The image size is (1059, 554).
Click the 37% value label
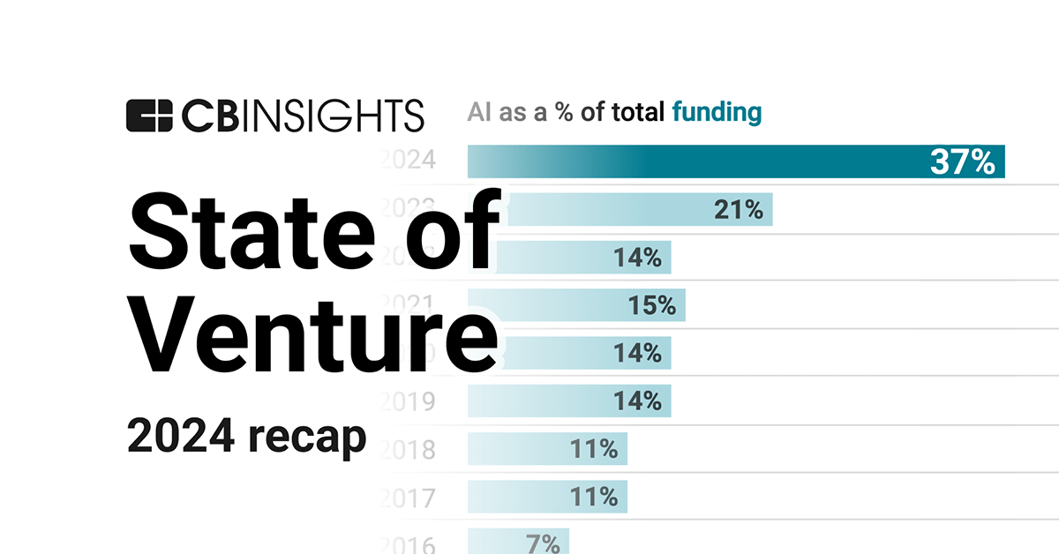[x=962, y=162]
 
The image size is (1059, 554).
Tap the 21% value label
[x=738, y=210]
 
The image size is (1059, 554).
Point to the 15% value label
[x=651, y=305]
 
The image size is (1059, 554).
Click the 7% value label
[x=541, y=543]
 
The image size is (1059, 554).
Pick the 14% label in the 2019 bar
[x=637, y=401]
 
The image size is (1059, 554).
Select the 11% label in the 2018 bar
[x=593, y=448]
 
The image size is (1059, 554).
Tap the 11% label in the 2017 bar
[x=593, y=496]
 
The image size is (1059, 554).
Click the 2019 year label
[x=408, y=402]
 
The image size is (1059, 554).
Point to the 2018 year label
[x=408, y=450]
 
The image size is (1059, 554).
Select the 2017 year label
[x=408, y=498]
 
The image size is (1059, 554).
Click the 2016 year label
[x=408, y=545]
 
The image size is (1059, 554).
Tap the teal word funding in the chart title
[x=716, y=113]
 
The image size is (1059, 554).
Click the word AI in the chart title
[x=478, y=113]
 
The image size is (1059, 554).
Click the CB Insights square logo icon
[x=149, y=116]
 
